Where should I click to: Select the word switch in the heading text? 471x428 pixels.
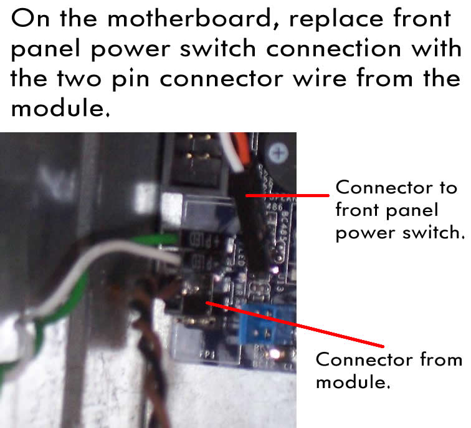pyautogui.click(x=217, y=48)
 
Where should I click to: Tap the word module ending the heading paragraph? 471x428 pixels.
pyautogui.click(x=60, y=108)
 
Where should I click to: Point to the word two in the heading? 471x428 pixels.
pyautogui.click(x=78, y=79)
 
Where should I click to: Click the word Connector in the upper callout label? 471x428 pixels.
pyautogui.click(x=384, y=187)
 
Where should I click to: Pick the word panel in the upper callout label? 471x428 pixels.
pyautogui.click(x=412, y=210)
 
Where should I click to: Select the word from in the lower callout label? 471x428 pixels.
pyautogui.click(x=441, y=359)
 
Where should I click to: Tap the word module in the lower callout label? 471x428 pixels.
pyautogui.click(x=353, y=382)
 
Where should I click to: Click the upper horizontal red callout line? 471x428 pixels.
pyautogui.click(x=287, y=195)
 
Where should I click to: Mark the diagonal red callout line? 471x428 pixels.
pyautogui.click(x=295, y=324)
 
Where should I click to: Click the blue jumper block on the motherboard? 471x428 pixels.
pyautogui.click(x=267, y=323)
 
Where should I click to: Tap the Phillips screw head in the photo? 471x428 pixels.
pyautogui.click(x=278, y=152)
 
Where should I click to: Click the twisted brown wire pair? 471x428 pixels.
pyautogui.click(x=150, y=355)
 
